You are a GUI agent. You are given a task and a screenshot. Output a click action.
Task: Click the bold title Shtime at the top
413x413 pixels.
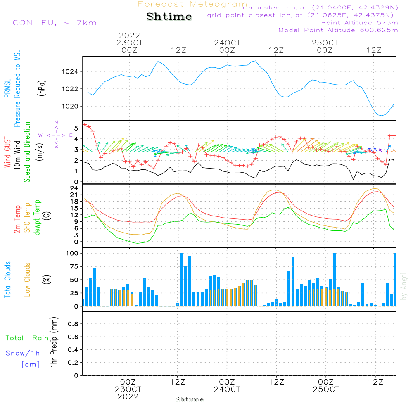point(169,17)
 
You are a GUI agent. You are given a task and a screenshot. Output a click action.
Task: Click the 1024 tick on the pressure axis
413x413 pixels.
point(70,71)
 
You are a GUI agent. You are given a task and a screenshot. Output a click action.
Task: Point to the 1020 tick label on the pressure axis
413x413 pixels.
point(70,107)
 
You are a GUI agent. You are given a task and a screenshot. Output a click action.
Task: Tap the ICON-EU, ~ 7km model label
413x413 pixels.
point(53,23)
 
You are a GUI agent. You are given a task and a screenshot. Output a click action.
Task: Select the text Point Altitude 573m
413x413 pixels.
point(359,23)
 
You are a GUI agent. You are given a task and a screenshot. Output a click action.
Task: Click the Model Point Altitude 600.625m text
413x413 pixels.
point(338,30)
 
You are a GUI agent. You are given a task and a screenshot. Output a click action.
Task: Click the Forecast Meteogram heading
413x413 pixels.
point(192,4)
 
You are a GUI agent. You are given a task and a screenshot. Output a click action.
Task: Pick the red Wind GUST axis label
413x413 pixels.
point(7,152)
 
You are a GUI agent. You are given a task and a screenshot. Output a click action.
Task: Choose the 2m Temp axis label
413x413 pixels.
point(17,219)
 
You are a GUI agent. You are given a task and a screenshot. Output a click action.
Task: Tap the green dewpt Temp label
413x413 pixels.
point(37,217)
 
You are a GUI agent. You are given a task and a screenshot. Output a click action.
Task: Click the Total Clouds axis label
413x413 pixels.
point(7,280)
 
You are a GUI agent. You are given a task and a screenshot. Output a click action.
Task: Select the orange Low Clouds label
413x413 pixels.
point(27,280)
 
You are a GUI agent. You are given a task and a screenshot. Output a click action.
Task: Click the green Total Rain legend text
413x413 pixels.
point(27,338)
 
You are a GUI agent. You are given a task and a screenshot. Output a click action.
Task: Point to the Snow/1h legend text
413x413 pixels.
point(23,353)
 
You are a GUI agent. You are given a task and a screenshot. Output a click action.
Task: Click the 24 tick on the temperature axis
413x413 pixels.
point(74,188)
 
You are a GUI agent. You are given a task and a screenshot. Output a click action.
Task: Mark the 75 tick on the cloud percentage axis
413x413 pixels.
point(74,266)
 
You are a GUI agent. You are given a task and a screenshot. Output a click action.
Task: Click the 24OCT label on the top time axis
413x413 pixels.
point(227,43)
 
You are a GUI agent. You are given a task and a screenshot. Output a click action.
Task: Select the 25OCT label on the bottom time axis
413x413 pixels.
point(326,389)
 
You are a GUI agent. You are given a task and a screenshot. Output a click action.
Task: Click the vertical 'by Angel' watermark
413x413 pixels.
point(404,286)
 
